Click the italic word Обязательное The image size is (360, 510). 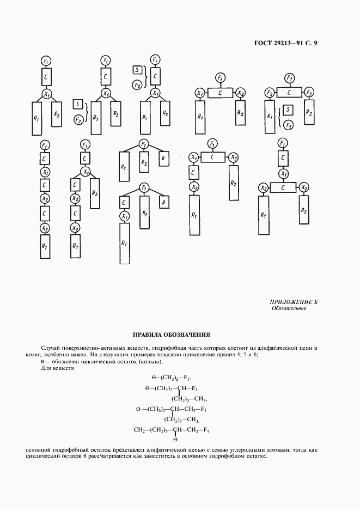289,308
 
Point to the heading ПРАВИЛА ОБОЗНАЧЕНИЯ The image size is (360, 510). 172,335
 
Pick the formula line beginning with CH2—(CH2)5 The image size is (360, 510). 173,430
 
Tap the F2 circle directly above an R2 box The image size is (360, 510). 309,92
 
